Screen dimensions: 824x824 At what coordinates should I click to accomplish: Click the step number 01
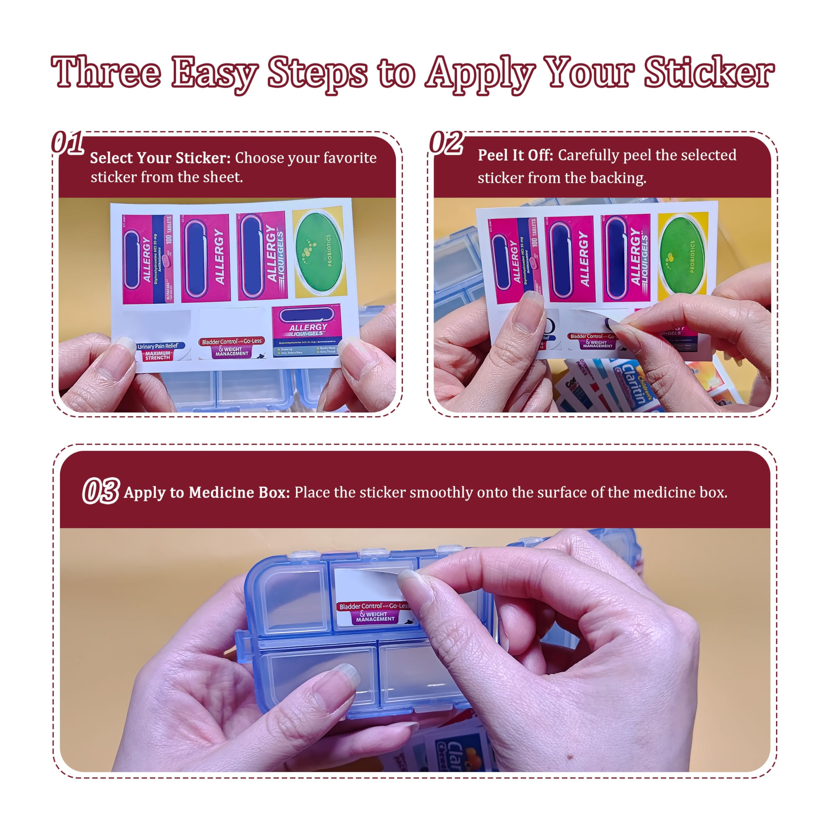pyautogui.click(x=67, y=143)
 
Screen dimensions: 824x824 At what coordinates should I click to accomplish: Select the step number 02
pyautogui.click(x=446, y=143)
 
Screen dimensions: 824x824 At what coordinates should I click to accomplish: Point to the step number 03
pyautogui.click(x=101, y=491)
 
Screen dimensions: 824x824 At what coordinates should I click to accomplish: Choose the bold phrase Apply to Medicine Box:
pyautogui.click(x=207, y=492)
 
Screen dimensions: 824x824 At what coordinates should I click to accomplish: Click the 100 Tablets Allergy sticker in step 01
pyautogui.click(x=147, y=259)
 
